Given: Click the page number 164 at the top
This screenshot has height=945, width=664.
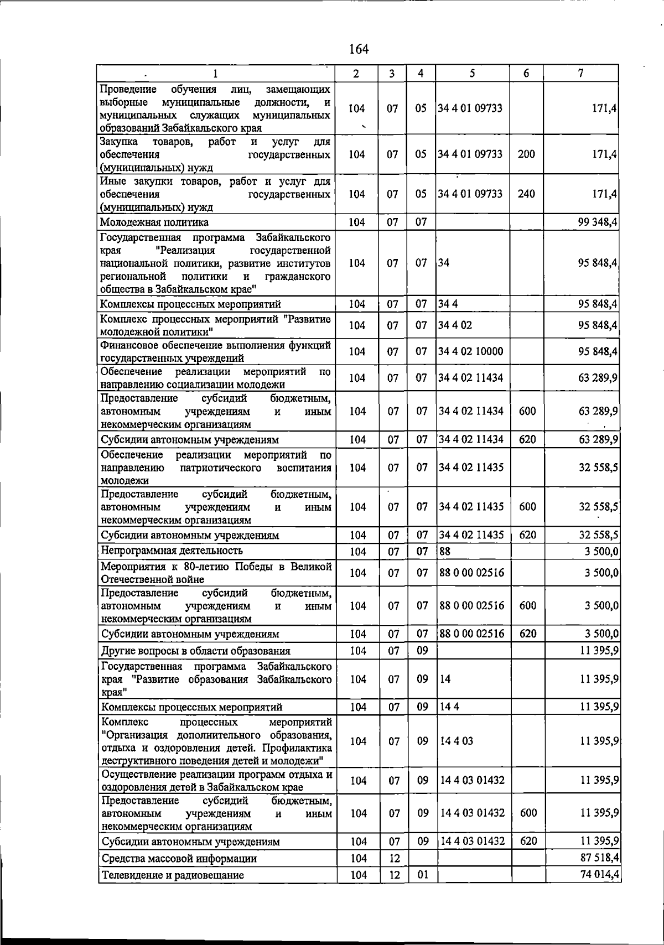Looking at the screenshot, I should [x=359, y=49].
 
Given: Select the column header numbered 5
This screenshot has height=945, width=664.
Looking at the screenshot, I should [x=471, y=73].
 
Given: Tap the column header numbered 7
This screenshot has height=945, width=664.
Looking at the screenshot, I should [x=580, y=73].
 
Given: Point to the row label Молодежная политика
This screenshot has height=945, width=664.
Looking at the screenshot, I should [x=154, y=222].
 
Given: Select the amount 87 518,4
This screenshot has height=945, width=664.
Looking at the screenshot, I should [x=599, y=858].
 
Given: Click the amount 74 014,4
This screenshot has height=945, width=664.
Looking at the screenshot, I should [x=599, y=875].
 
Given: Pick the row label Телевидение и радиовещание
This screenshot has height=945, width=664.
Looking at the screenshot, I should [x=173, y=875].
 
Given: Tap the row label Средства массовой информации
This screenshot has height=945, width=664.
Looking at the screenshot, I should [x=179, y=858].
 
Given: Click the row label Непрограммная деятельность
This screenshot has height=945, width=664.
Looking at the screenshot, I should [x=172, y=551].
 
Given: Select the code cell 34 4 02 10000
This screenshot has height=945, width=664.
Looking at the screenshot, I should [x=471, y=351].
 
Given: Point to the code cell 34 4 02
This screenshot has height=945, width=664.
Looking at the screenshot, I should [x=455, y=325].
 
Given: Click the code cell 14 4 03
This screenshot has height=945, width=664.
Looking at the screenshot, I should [x=456, y=741].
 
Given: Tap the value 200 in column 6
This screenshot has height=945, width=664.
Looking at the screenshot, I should [x=526, y=154].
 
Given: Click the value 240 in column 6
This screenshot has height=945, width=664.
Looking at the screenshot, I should [x=526, y=194].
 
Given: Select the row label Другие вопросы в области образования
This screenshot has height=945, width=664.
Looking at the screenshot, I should [x=196, y=651].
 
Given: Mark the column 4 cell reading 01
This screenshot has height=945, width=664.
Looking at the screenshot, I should [x=422, y=875].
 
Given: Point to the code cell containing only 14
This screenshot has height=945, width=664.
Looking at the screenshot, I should [x=445, y=679].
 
